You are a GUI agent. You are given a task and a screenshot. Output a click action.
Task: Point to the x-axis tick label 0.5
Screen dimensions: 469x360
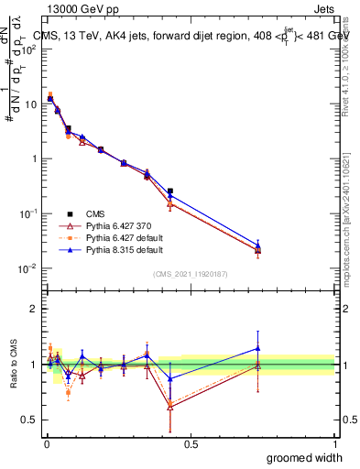point(191,445)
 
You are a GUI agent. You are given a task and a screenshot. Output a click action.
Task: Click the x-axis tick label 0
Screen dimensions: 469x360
point(46,445)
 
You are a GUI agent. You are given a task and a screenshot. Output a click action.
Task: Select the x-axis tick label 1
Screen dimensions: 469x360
point(334,445)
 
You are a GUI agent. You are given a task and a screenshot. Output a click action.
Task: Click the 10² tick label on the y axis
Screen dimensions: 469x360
point(29,49)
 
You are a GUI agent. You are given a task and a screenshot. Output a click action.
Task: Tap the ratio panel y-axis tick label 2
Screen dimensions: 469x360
point(33,310)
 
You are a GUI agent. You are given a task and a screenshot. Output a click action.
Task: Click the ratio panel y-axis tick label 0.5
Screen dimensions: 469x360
point(29,420)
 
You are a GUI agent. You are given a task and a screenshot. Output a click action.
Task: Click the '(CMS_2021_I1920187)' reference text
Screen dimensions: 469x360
point(191,274)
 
